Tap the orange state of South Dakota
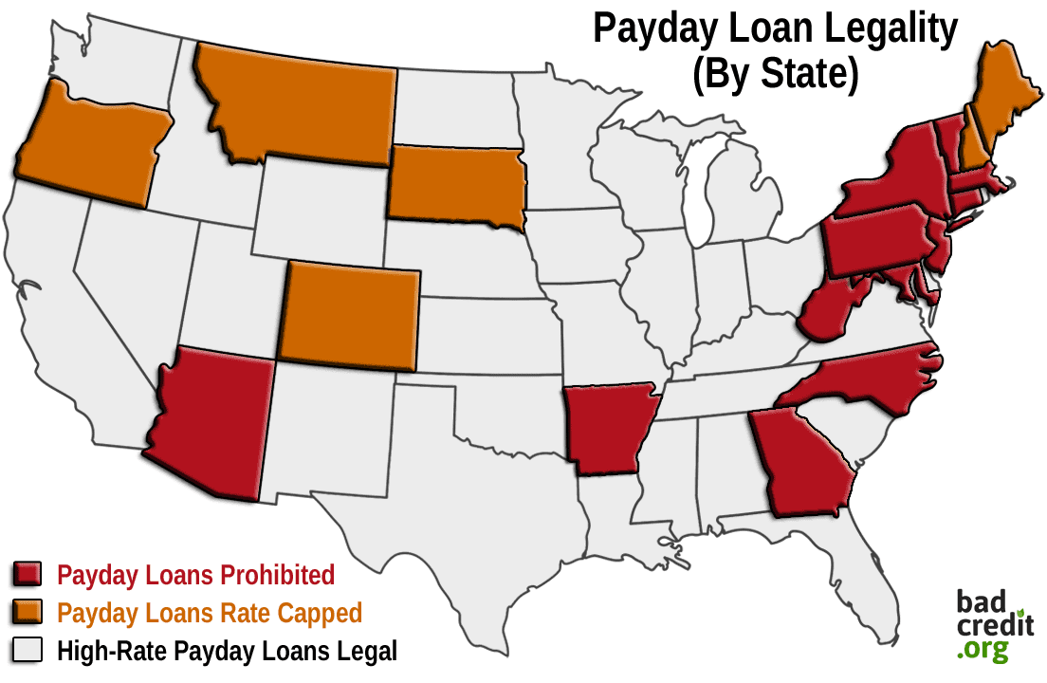455,185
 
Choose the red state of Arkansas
607,427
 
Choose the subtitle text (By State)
775,76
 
